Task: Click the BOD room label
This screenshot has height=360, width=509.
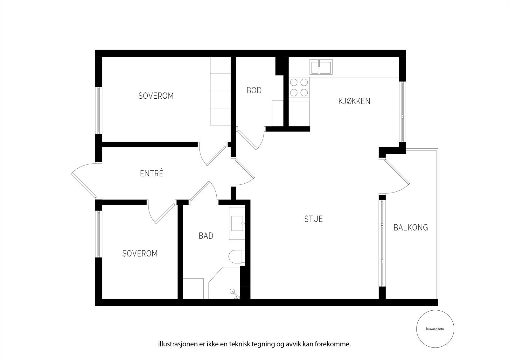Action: click(x=254, y=90)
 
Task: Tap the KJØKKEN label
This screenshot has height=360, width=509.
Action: click(x=354, y=101)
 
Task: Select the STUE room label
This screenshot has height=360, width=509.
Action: click(x=313, y=219)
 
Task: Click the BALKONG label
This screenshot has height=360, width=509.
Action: click(x=410, y=228)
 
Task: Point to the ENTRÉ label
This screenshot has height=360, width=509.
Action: click(x=151, y=173)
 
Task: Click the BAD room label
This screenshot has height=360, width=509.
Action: click(x=206, y=236)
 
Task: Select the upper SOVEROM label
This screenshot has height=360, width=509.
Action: click(x=156, y=96)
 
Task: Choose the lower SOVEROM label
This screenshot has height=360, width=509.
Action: click(x=140, y=254)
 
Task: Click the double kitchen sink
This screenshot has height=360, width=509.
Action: click(x=321, y=67)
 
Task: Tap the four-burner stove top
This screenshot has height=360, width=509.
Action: click(x=299, y=87)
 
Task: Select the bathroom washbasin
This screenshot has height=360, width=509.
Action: click(x=237, y=223)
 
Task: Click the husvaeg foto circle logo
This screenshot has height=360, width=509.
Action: click(x=435, y=329)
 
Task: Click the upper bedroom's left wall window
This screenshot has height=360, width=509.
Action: click(x=99, y=110)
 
